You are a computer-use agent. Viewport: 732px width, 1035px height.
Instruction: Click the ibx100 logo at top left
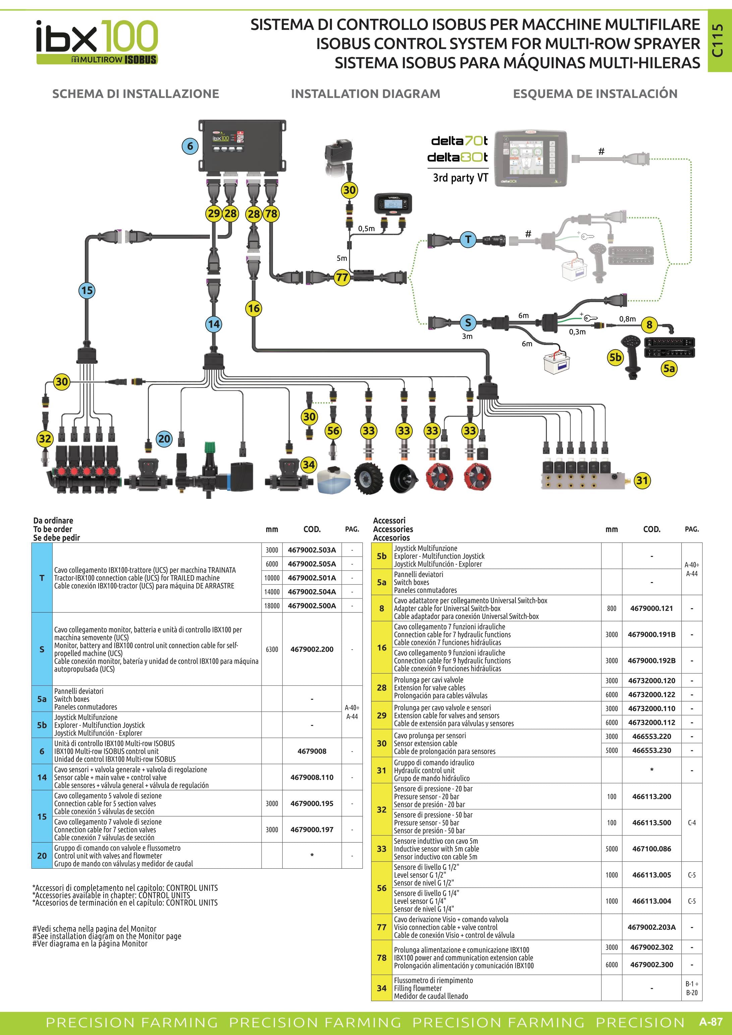click(x=97, y=42)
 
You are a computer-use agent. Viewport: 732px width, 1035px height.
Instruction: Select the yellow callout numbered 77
click(x=342, y=276)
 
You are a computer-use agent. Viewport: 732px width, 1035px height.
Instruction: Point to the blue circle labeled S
click(x=468, y=322)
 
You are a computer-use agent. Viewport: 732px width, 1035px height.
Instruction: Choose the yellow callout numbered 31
click(x=642, y=480)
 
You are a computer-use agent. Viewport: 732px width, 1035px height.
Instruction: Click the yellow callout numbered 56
click(x=333, y=430)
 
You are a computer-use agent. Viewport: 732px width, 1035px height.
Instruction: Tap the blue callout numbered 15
click(x=87, y=290)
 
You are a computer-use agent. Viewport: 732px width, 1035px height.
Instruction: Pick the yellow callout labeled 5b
click(x=615, y=357)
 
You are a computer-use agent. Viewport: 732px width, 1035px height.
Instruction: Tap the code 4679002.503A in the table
click(x=312, y=550)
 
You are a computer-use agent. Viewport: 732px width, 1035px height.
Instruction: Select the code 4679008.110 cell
click(x=312, y=777)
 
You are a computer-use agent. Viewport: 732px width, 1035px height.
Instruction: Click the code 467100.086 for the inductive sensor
click(x=652, y=848)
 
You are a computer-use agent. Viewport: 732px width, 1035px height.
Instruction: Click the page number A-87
click(x=711, y=1022)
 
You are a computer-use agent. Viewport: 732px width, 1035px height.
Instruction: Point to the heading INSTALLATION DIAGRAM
click(x=365, y=94)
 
